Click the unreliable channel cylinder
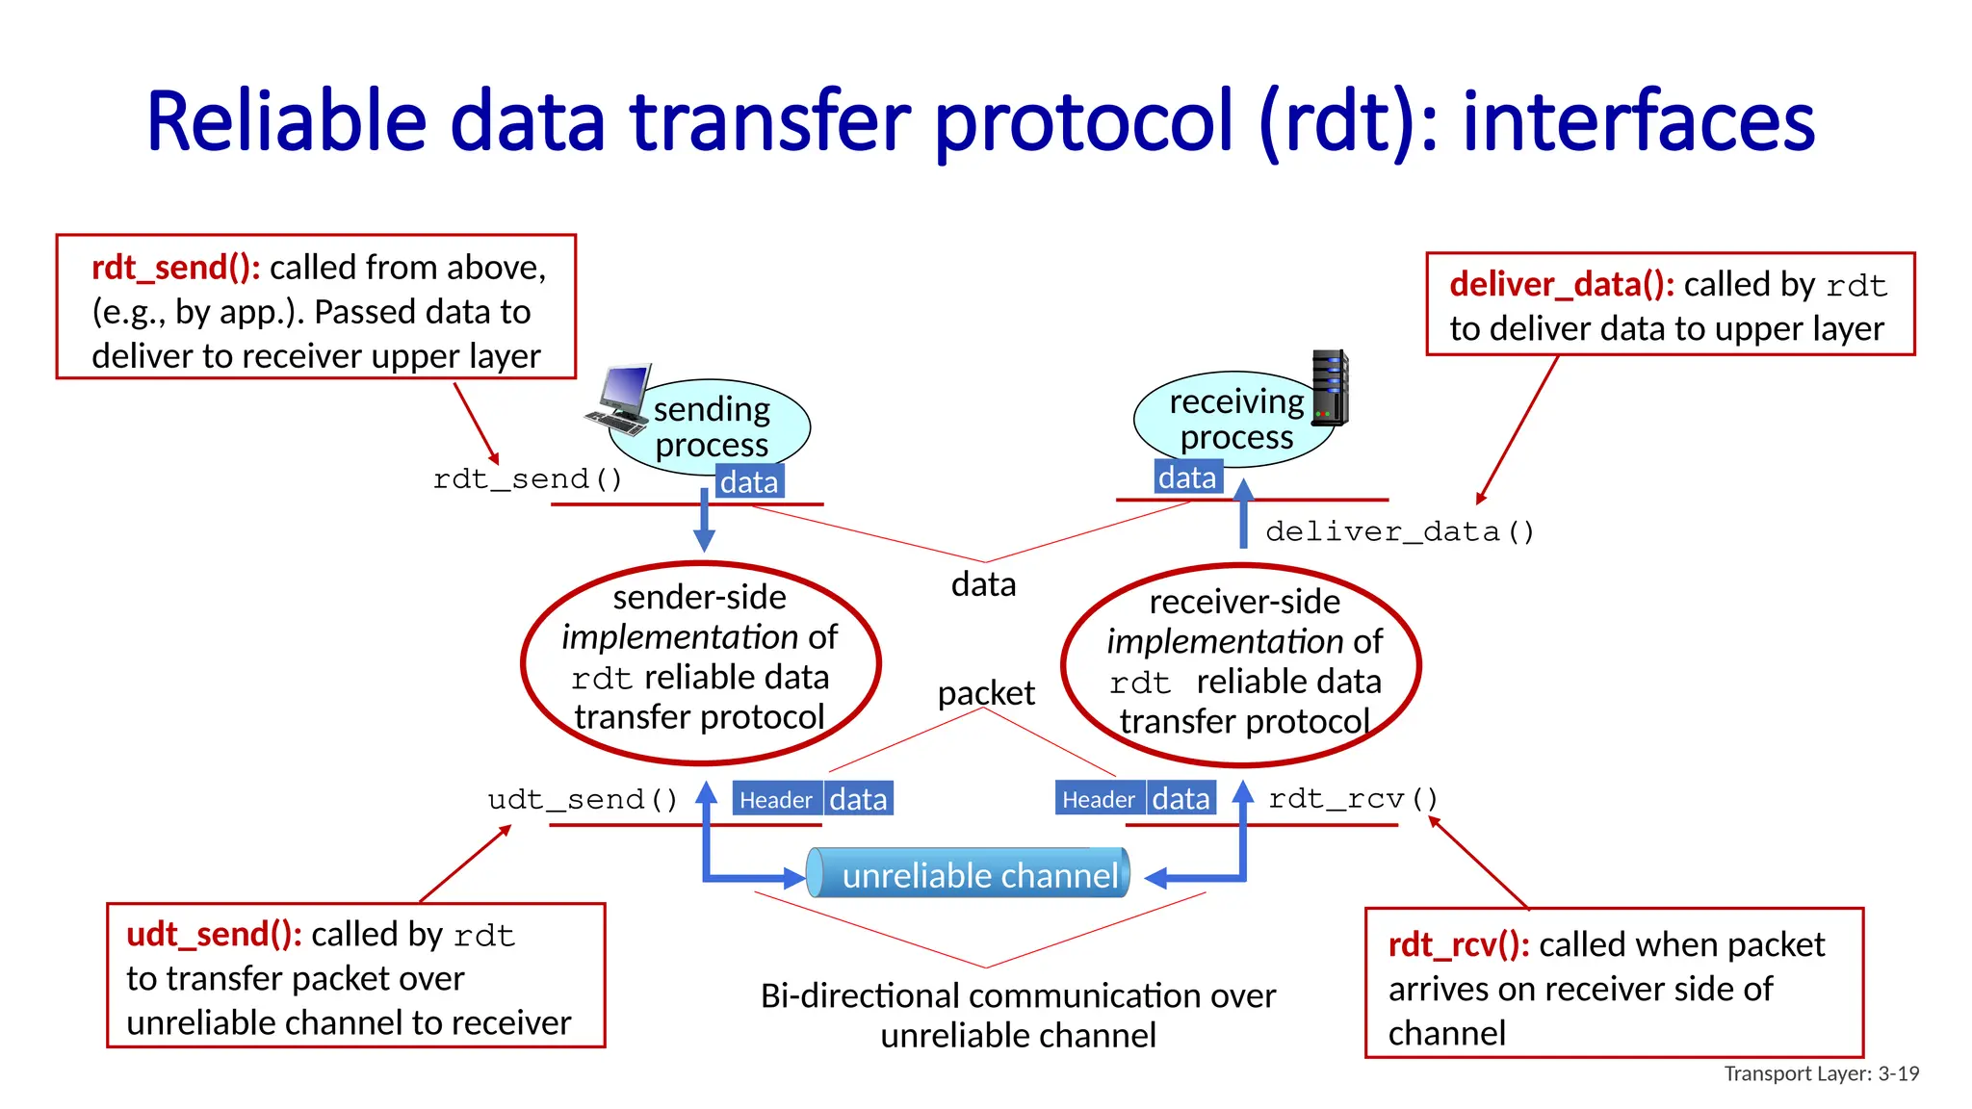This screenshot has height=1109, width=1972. (x=968, y=873)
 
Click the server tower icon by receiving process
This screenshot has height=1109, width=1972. (x=1331, y=388)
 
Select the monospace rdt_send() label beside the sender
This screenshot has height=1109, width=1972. (x=528, y=478)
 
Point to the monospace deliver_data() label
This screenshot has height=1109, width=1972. (x=1399, y=531)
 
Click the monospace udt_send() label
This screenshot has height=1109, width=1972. (x=583, y=799)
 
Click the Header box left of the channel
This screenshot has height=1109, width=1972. (x=776, y=799)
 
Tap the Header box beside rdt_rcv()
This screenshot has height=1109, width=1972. (x=1099, y=798)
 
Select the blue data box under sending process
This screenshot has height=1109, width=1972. (x=749, y=481)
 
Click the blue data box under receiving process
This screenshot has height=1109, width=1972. (x=1187, y=477)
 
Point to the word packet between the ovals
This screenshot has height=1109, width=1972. (x=986, y=692)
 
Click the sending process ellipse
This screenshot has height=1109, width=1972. (x=713, y=426)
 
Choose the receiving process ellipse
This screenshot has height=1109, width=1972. (x=1235, y=420)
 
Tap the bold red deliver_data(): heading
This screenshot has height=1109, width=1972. (x=1561, y=284)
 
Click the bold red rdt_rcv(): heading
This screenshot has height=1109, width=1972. (x=1458, y=944)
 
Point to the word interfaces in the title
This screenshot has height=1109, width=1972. (x=1638, y=121)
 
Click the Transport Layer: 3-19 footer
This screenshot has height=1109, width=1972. (x=1821, y=1073)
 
